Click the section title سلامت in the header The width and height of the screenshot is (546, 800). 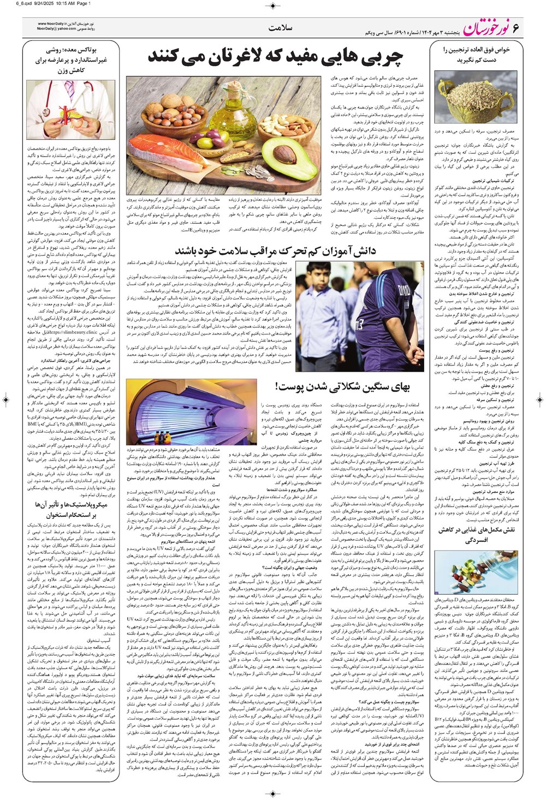pyautogui.click(x=282, y=27)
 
